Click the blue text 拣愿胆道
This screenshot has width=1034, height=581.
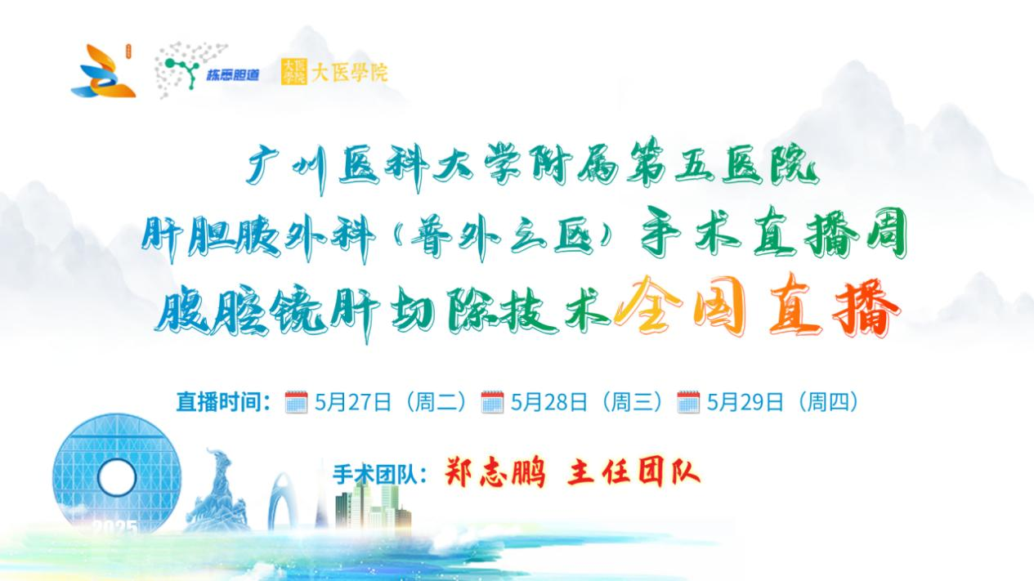[x=233, y=75]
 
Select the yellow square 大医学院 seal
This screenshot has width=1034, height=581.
[x=294, y=72]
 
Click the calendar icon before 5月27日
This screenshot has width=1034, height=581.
[x=297, y=402]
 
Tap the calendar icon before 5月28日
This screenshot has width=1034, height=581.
[x=493, y=402]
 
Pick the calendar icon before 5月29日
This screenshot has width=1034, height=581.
[x=688, y=402]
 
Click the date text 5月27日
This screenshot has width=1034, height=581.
[x=353, y=402]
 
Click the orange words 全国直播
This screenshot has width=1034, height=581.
[x=757, y=308]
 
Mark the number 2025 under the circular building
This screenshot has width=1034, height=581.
[x=115, y=527]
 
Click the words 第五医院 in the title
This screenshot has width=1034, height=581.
[x=722, y=165]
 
